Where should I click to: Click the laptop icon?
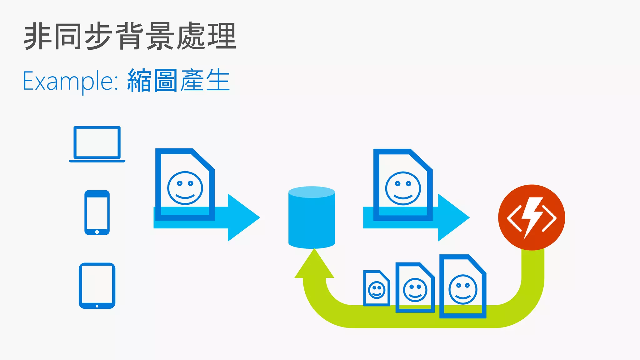pyautogui.click(x=97, y=144)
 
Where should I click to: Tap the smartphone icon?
pyautogui.click(x=97, y=212)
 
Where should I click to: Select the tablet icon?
pyautogui.click(x=97, y=286)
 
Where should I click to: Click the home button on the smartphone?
pyautogui.click(x=97, y=232)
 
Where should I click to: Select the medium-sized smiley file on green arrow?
pyautogui.click(x=415, y=287)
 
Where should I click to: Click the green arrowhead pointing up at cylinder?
pyautogui.click(x=314, y=266)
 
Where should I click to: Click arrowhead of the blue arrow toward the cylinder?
pyautogui.click(x=242, y=217)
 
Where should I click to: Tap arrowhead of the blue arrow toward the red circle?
pyautogui.click(x=452, y=217)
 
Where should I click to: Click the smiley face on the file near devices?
pyautogui.click(x=185, y=188)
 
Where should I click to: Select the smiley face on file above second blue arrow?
pyautogui.click(x=403, y=188)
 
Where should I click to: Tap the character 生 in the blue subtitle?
pyautogui.click(x=218, y=81)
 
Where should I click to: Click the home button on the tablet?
pyautogui.click(x=97, y=306)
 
